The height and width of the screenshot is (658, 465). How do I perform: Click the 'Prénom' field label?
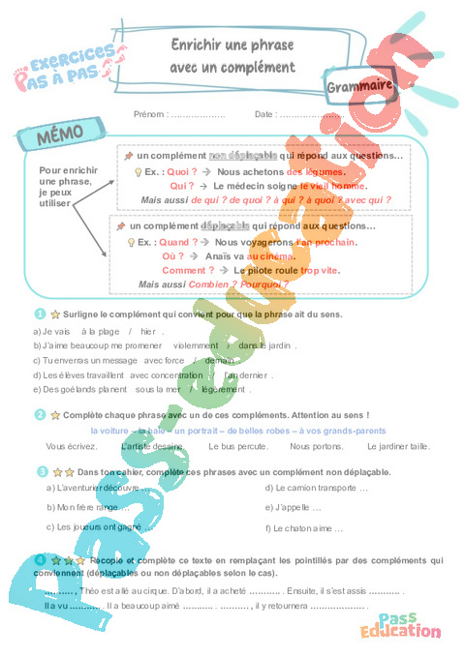click(149, 114)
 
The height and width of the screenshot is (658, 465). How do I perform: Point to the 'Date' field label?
click(264, 114)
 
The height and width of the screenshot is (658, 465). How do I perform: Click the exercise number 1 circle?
click(40, 314)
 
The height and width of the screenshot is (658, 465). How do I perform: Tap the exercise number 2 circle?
click(40, 414)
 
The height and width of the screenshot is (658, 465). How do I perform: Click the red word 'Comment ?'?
click(188, 270)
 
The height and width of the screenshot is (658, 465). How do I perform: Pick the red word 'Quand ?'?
click(177, 242)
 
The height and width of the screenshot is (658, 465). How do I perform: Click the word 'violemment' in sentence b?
click(196, 344)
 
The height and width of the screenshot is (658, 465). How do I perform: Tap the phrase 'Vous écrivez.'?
click(71, 446)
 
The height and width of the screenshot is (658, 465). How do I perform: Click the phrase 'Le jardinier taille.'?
click(398, 446)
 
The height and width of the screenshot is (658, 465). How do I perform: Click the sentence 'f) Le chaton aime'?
click(304, 528)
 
